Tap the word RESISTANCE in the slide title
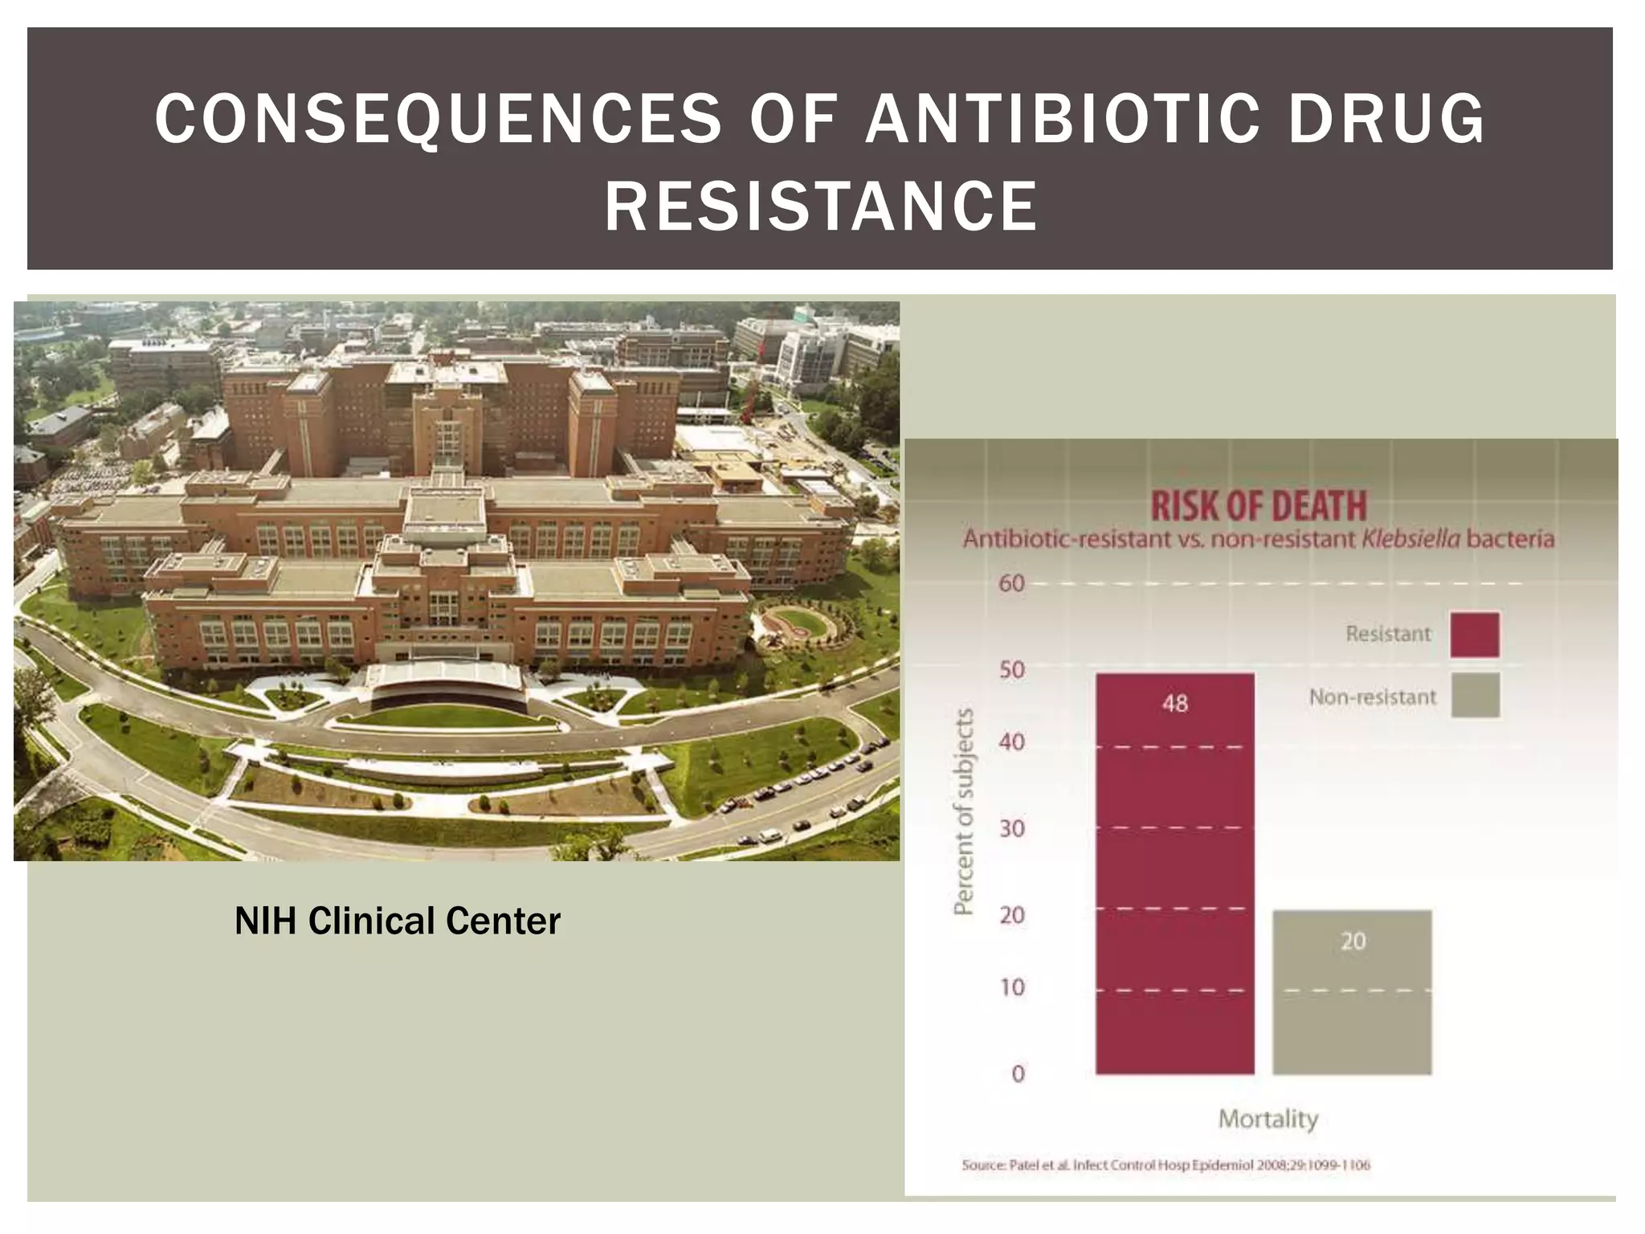(x=821, y=206)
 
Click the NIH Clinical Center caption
(x=397, y=921)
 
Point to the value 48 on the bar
(x=1174, y=704)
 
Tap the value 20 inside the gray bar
(x=1353, y=941)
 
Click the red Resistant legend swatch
(x=1474, y=635)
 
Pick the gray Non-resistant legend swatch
(x=1474, y=695)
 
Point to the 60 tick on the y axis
(x=1012, y=583)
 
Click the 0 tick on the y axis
(x=1018, y=1073)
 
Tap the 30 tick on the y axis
(x=1012, y=827)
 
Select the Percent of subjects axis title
(x=963, y=811)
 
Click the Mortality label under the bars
(x=1268, y=1118)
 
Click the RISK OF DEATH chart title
(x=1259, y=506)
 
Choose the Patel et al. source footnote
(x=1165, y=1165)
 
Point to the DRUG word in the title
(x=1386, y=119)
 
